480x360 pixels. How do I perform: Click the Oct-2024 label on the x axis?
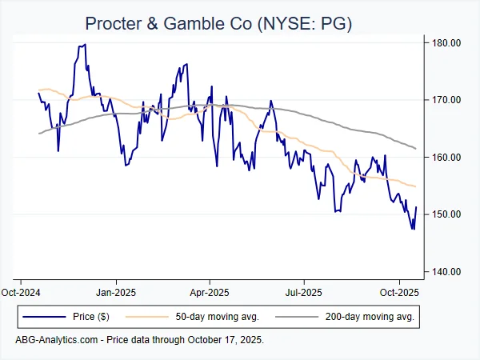coord(22,292)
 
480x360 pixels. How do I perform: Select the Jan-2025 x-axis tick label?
coord(116,292)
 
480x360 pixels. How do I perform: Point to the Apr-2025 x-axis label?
coord(209,292)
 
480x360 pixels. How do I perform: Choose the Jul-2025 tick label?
coord(303,292)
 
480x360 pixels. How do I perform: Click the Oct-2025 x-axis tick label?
coord(398,292)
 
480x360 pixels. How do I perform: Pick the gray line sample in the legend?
coord(293,318)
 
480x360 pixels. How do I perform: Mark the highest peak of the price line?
coord(85,45)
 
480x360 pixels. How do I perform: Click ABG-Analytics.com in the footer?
coord(56,340)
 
